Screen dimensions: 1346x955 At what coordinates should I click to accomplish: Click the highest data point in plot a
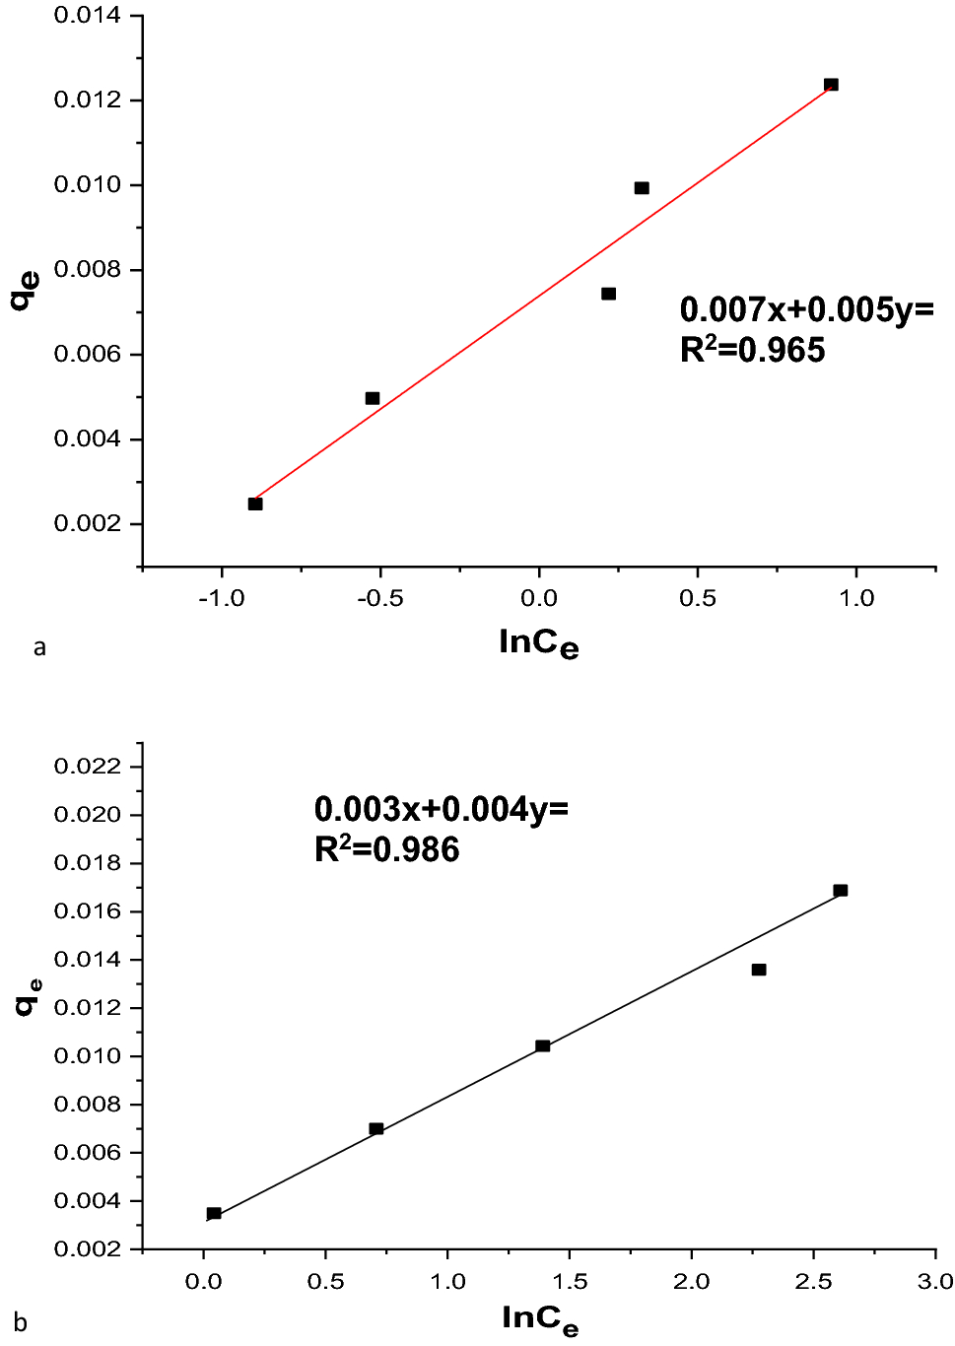tap(831, 85)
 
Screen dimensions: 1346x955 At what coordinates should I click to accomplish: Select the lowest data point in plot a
tap(255, 504)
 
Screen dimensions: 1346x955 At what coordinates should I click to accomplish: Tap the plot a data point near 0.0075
tap(608, 294)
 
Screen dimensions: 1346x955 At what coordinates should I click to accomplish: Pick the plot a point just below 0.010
tap(642, 188)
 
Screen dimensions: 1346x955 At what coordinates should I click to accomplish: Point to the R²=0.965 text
tap(752, 350)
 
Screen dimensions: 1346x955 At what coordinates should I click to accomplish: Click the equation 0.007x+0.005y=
tap(806, 309)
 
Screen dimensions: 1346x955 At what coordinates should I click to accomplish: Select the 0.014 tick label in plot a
tap(87, 16)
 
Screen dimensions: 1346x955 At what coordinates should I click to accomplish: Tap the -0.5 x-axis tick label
tap(379, 598)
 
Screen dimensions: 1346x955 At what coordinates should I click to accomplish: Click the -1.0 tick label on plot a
tap(221, 598)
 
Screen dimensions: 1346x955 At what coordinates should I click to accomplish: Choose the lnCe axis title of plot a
tap(538, 643)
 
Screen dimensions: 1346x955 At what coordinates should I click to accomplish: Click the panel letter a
tap(39, 646)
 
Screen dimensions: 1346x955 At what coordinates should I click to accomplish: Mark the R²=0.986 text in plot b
tap(386, 849)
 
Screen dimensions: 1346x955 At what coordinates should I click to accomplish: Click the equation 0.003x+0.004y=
tap(441, 809)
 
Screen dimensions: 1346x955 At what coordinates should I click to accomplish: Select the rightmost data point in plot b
tap(840, 891)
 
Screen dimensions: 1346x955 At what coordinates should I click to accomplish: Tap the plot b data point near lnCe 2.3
tap(758, 970)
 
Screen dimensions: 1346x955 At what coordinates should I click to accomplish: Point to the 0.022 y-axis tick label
tap(87, 767)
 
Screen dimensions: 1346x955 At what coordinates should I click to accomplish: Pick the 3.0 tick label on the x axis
tap(934, 1281)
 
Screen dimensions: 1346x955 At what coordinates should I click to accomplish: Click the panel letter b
tap(21, 1322)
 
